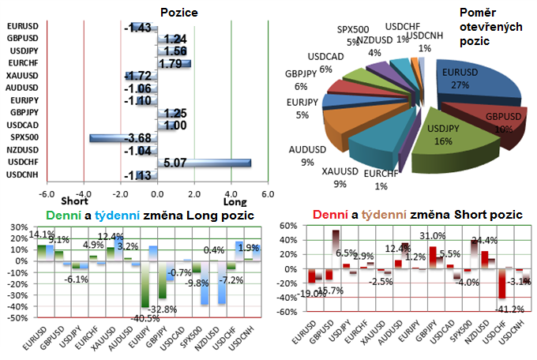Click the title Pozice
178,12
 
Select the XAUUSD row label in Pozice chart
21,75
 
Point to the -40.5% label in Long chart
145,317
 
